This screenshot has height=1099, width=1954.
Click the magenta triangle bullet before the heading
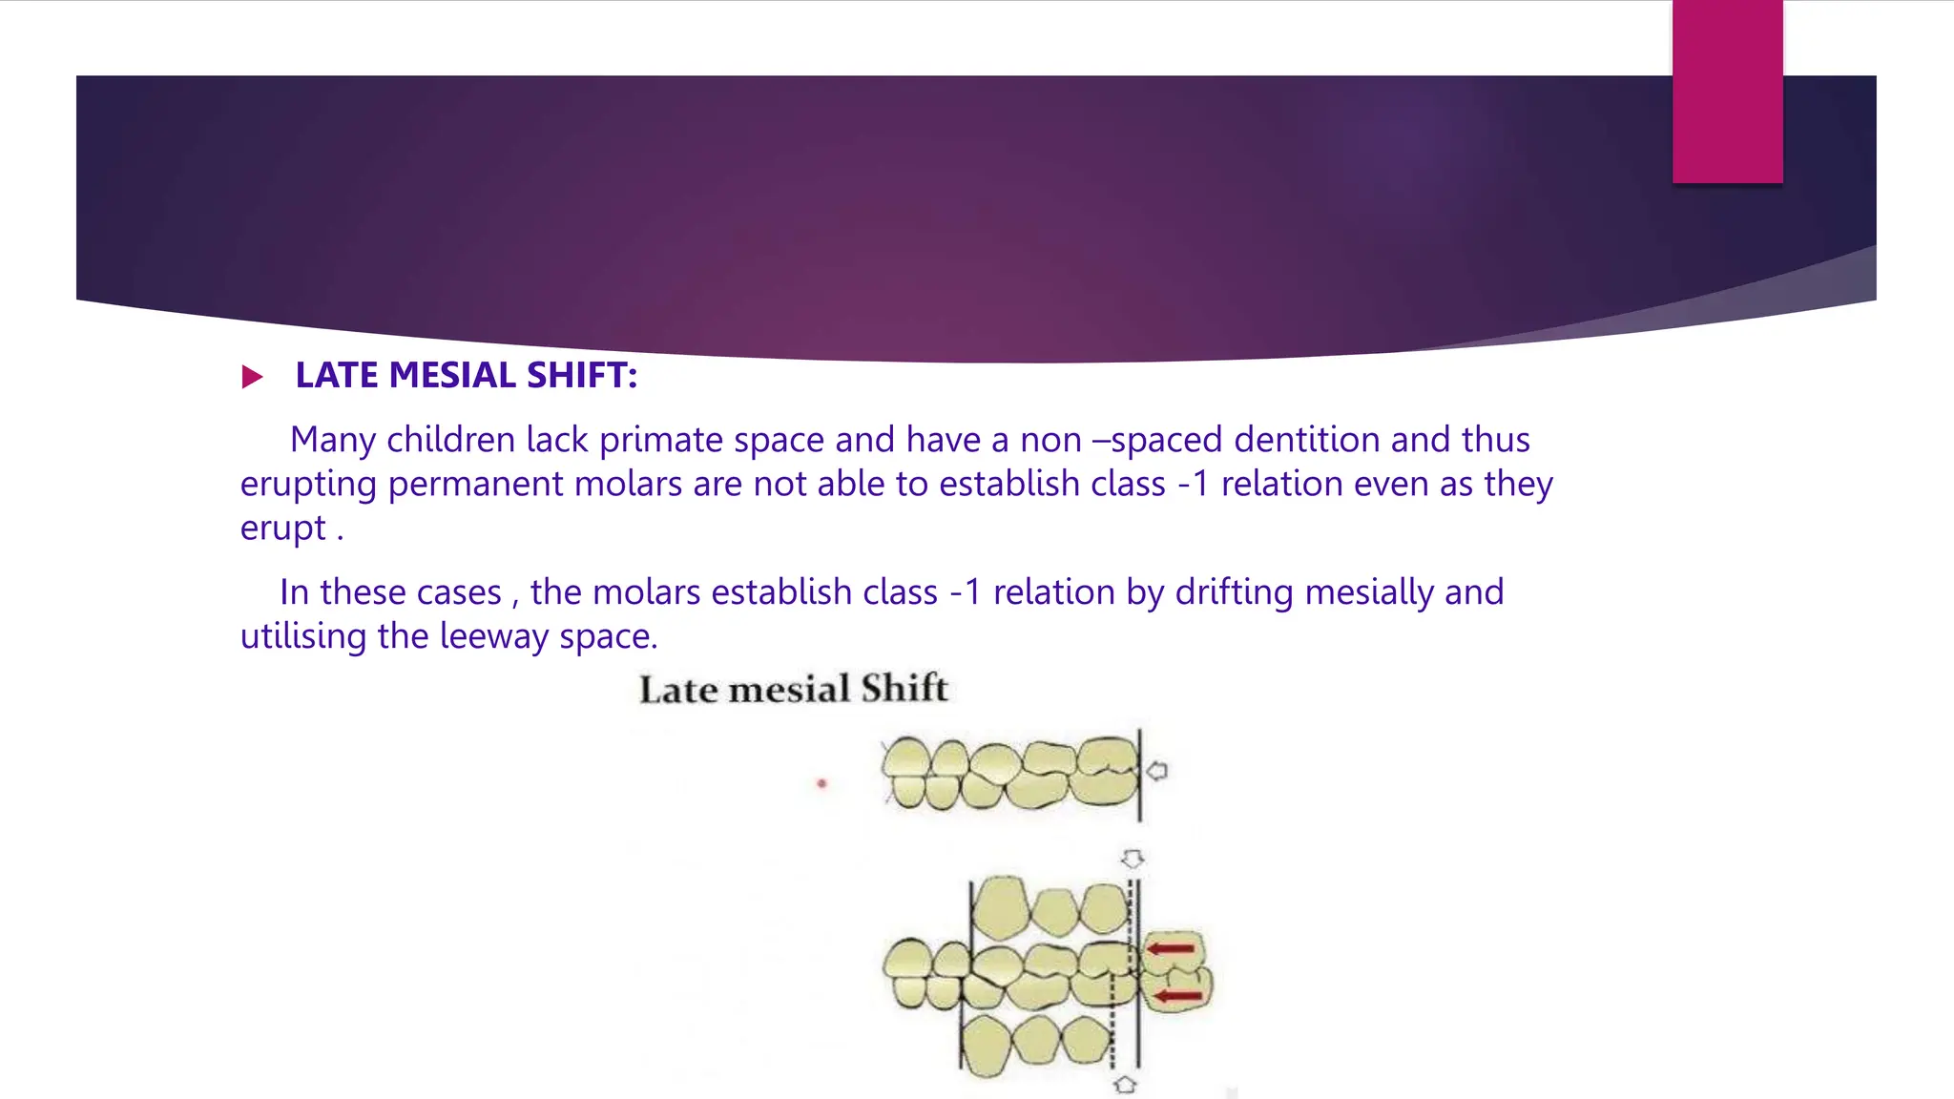point(252,377)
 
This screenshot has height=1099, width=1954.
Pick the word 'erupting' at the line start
point(308,485)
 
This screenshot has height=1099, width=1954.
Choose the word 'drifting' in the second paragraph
point(1234,592)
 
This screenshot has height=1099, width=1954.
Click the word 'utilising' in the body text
point(303,636)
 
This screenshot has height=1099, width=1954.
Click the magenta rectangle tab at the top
point(1727,92)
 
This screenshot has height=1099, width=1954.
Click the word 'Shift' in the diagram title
point(904,689)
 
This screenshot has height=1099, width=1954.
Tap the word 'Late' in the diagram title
point(677,690)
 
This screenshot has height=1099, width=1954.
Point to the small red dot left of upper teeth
point(821,784)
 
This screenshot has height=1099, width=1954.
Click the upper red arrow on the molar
point(1171,948)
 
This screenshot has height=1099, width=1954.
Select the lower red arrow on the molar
point(1178,997)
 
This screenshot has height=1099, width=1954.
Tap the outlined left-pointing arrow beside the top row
point(1157,771)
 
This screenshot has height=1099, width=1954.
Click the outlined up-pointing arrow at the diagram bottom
point(1126,1085)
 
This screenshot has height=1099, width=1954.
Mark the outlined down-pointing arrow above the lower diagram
point(1133,860)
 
